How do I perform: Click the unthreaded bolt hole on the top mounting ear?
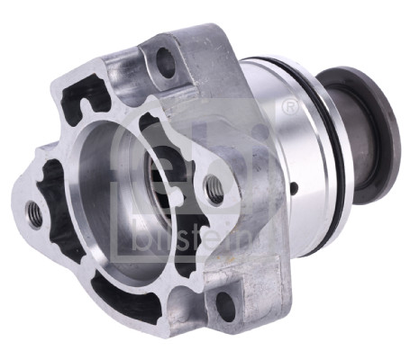click(x=166, y=63)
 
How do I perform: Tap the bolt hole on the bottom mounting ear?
click(x=226, y=306)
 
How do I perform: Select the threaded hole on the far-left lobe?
click(x=34, y=214)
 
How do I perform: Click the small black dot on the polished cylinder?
click(x=296, y=187)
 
